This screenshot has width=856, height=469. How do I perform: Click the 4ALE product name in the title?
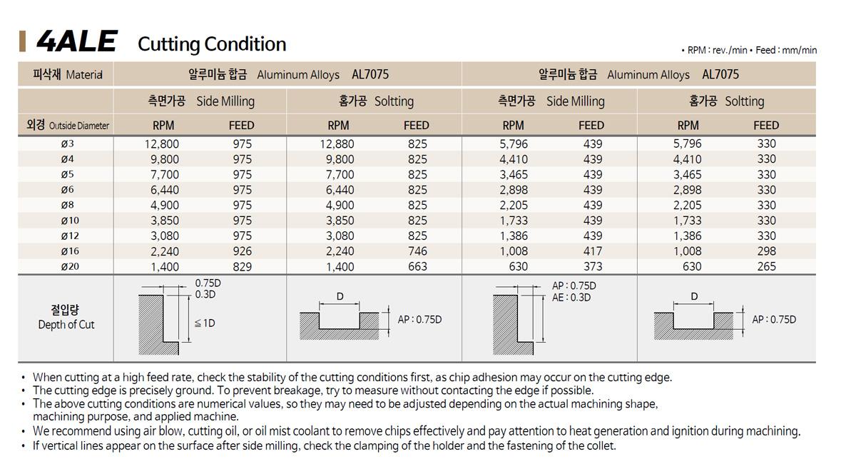click(76, 42)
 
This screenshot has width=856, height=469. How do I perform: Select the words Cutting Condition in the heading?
click(212, 44)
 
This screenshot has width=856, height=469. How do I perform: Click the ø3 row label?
click(67, 144)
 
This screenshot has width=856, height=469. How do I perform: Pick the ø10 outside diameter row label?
click(70, 221)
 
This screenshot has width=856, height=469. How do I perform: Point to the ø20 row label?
click(70, 266)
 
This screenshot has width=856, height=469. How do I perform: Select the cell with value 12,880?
click(337, 144)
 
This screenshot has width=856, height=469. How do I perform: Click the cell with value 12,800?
click(161, 144)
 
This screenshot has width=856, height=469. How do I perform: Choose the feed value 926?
click(243, 251)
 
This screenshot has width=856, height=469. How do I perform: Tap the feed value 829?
click(243, 266)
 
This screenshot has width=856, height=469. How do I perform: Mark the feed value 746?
click(417, 251)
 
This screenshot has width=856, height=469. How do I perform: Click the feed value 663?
click(417, 266)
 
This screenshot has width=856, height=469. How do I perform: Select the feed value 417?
click(593, 251)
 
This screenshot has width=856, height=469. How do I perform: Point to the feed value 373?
click(593, 266)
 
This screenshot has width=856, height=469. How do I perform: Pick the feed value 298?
click(767, 251)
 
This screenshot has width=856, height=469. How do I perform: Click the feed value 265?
click(767, 266)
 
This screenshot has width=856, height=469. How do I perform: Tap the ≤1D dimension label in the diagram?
click(205, 323)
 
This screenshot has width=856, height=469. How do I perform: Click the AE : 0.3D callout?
click(571, 298)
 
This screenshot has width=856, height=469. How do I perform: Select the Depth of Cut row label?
click(66, 325)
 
